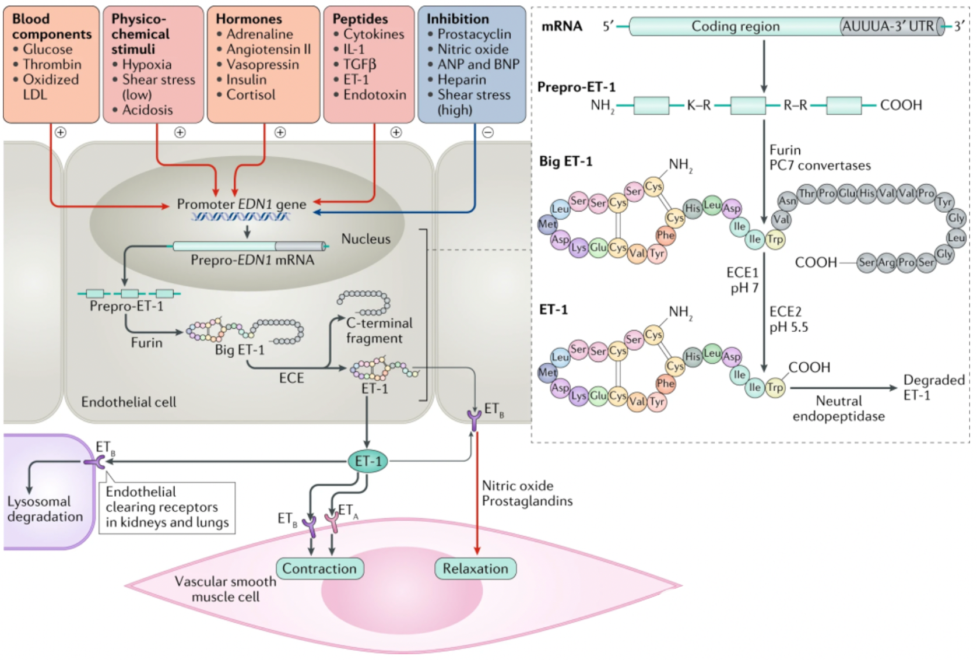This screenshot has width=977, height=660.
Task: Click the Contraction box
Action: pyautogui.click(x=319, y=568)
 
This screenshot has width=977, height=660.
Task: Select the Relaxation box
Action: pyautogui.click(x=476, y=568)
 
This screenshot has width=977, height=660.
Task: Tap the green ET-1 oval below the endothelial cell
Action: pyautogui.click(x=368, y=462)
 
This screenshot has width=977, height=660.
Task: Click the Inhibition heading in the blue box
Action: pyautogui.click(x=458, y=19)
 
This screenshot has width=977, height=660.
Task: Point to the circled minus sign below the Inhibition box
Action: pyautogui.click(x=488, y=132)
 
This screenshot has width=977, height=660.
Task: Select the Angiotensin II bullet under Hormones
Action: pyautogui.click(x=264, y=50)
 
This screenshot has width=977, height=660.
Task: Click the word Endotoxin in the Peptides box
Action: pyautogui.click(x=375, y=94)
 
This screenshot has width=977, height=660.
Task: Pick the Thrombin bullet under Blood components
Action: pyautogui.click(x=48, y=65)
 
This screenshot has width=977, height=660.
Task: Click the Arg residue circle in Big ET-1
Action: pyautogui.click(x=886, y=262)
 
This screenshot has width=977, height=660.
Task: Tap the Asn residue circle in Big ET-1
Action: pyautogui.click(x=788, y=201)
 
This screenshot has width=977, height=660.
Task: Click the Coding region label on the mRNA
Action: pyautogui.click(x=735, y=26)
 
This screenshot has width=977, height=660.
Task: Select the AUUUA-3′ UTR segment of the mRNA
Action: pyautogui.click(x=891, y=26)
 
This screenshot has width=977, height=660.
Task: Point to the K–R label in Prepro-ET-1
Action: pyautogui.click(x=699, y=105)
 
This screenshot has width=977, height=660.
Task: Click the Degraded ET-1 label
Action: pyautogui.click(x=934, y=387)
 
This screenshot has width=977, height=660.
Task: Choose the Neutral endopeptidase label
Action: pyautogui.click(x=839, y=408)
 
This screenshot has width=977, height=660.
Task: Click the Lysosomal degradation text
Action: pyautogui.click(x=45, y=508)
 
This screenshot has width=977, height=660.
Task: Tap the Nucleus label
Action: pyautogui.click(x=366, y=238)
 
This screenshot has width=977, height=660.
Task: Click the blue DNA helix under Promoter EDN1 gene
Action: pyautogui.click(x=240, y=216)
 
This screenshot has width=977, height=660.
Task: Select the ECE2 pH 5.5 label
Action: pyautogui.click(x=789, y=320)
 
